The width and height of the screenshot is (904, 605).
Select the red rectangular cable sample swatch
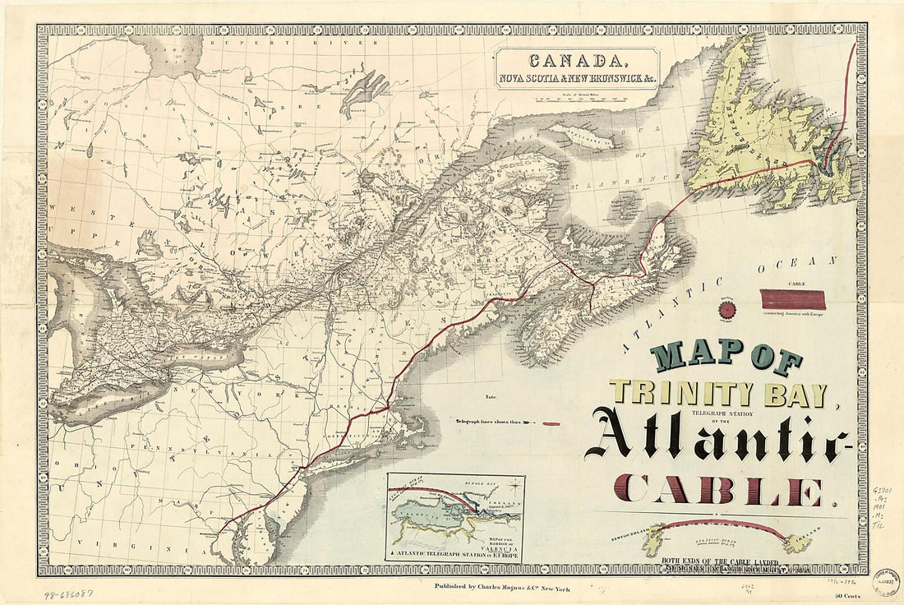click(793, 299)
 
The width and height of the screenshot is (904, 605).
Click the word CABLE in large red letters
click(720, 491)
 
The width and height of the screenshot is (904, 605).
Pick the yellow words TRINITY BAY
click(717, 394)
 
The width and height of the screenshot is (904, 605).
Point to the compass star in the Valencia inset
click(513, 484)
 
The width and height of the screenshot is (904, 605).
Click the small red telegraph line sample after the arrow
click(551, 423)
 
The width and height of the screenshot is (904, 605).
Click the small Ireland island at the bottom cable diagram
click(797, 543)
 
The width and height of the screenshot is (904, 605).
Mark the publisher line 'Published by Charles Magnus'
click(501, 588)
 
